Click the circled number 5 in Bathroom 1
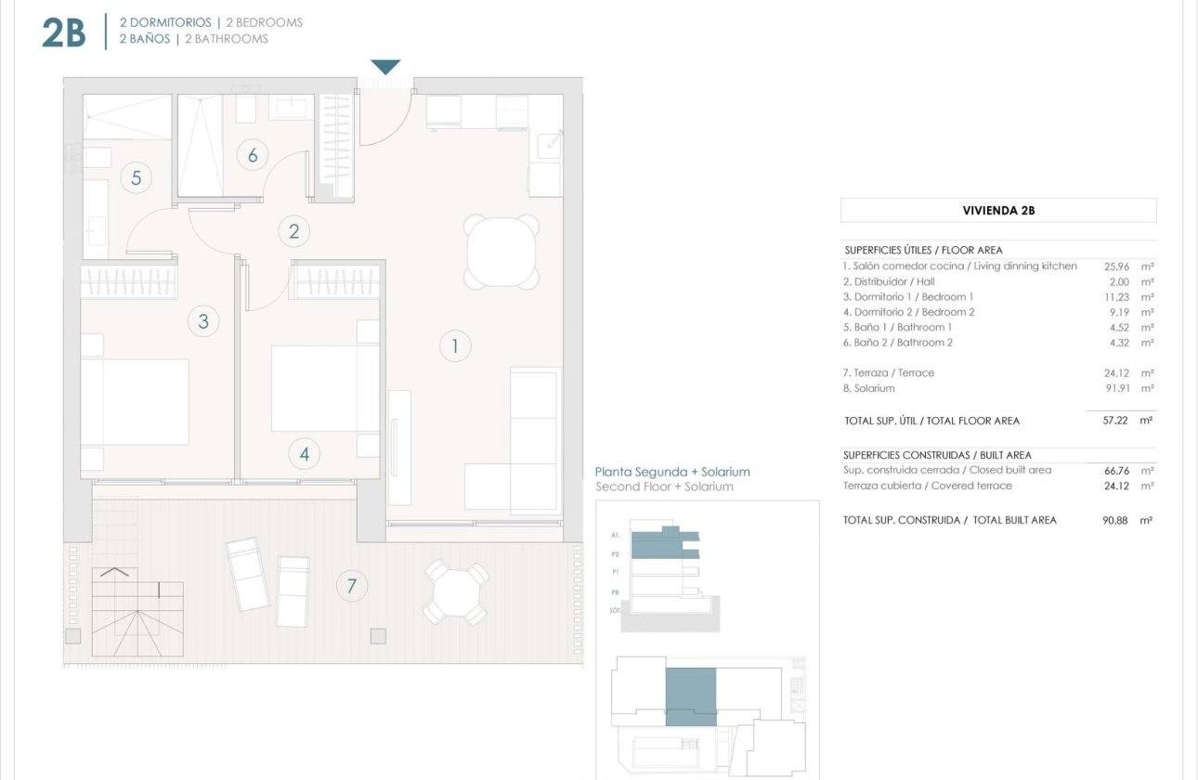pyautogui.click(x=136, y=177)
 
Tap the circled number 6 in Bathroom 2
pyautogui.click(x=252, y=155)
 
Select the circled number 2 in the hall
pyautogui.click(x=293, y=231)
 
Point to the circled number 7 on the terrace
pyautogui.click(x=351, y=586)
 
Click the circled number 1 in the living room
pyautogui.click(x=455, y=347)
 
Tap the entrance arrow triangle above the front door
pyautogui.click(x=385, y=67)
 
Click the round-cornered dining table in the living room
pyautogui.click(x=501, y=252)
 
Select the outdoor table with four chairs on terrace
pyautogui.click(x=455, y=592)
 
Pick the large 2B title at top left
pyautogui.click(x=64, y=32)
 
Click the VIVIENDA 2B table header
pyautogui.click(x=998, y=211)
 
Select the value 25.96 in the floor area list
pyautogui.click(x=1116, y=266)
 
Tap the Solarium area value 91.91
pyautogui.click(x=1116, y=388)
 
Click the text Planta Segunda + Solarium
pyautogui.click(x=671, y=472)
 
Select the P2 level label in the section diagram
pyautogui.click(x=615, y=553)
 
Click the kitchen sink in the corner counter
pyautogui.click(x=551, y=143)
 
